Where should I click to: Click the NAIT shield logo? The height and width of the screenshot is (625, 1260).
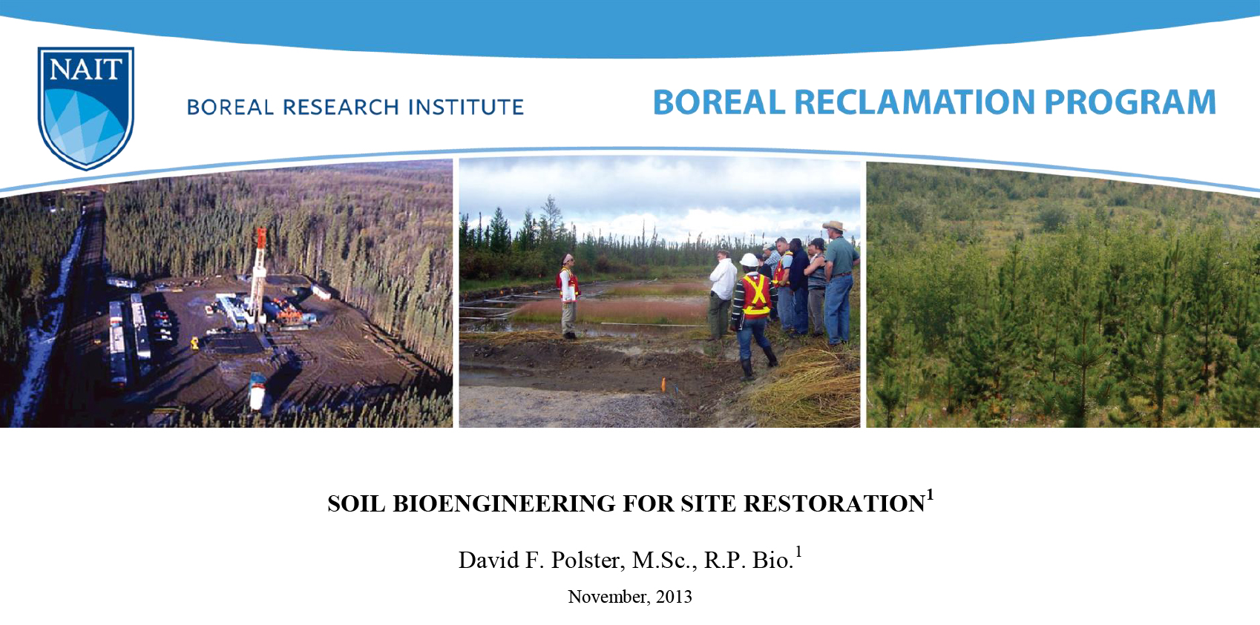tap(85, 108)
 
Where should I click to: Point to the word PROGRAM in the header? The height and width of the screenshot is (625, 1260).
tap(1129, 102)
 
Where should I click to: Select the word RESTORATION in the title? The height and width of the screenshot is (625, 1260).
tap(834, 504)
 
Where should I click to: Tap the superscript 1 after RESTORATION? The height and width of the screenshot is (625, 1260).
tap(930, 495)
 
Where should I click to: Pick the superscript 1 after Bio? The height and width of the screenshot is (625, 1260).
tap(798, 551)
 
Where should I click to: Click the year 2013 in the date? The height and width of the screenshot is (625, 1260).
tap(674, 597)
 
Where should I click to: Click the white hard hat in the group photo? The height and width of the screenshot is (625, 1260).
tap(749, 259)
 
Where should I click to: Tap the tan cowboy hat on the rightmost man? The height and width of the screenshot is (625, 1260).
tap(835, 226)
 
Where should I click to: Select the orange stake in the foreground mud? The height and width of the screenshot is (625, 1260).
tap(663, 383)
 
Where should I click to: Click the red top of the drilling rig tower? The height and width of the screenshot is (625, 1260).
tap(261, 237)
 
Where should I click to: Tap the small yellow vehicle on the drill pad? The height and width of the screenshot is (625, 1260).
tap(195, 343)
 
